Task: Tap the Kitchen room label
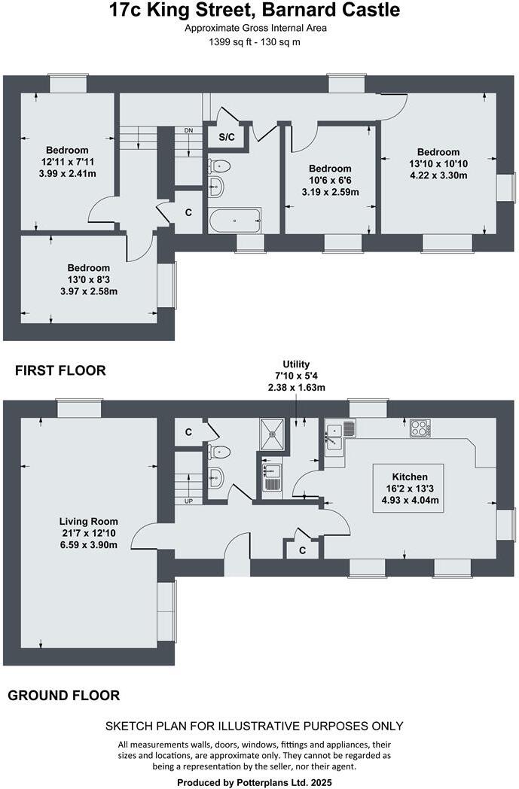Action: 409,477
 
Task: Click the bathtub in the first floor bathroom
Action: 235,221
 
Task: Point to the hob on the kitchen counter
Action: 420,428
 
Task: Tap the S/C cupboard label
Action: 226,138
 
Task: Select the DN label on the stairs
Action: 188,130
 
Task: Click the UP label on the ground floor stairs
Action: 188,501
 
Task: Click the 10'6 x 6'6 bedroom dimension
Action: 329,181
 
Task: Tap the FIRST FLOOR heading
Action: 61,370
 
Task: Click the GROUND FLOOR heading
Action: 64,696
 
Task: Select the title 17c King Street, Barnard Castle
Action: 254,11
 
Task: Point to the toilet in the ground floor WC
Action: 220,452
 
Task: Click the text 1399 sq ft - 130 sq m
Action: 254,42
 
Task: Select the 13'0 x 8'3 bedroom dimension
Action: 88,279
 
